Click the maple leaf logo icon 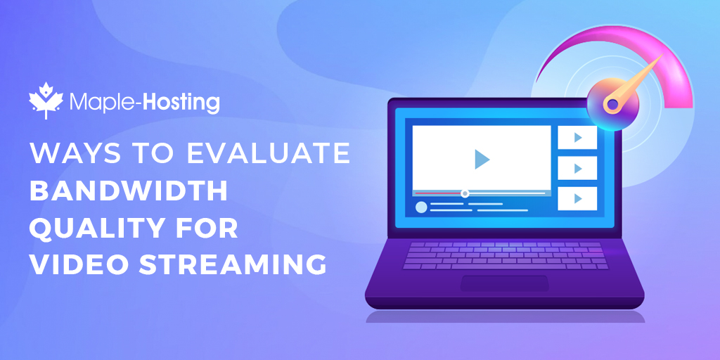click(x=46, y=101)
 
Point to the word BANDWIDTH click(x=129, y=191)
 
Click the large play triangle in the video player click(x=481, y=159)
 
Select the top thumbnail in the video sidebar click(x=577, y=137)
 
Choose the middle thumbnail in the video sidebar click(x=577, y=168)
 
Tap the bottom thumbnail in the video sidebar click(x=577, y=198)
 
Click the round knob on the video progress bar click(x=465, y=193)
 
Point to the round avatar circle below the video click(x=421, y=207)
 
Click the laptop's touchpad click(x=505, y=283)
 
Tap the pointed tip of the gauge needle click(x=662, y=55)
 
